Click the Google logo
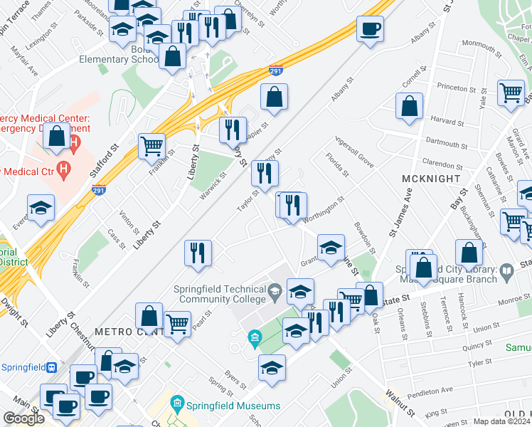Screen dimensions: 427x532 (x=23, y=418)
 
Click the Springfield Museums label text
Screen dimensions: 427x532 (x=234, y=406)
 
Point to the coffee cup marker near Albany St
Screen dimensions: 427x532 (x=370, y=30)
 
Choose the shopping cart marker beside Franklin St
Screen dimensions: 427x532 (x=152, y=147)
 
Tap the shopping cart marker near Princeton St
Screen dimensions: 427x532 (x=511, y=93)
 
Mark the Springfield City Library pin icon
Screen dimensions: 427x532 (x=506, y=271)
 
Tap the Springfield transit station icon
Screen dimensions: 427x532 (x=50, y=368)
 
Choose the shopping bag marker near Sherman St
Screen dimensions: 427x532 (x=469, y=253)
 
